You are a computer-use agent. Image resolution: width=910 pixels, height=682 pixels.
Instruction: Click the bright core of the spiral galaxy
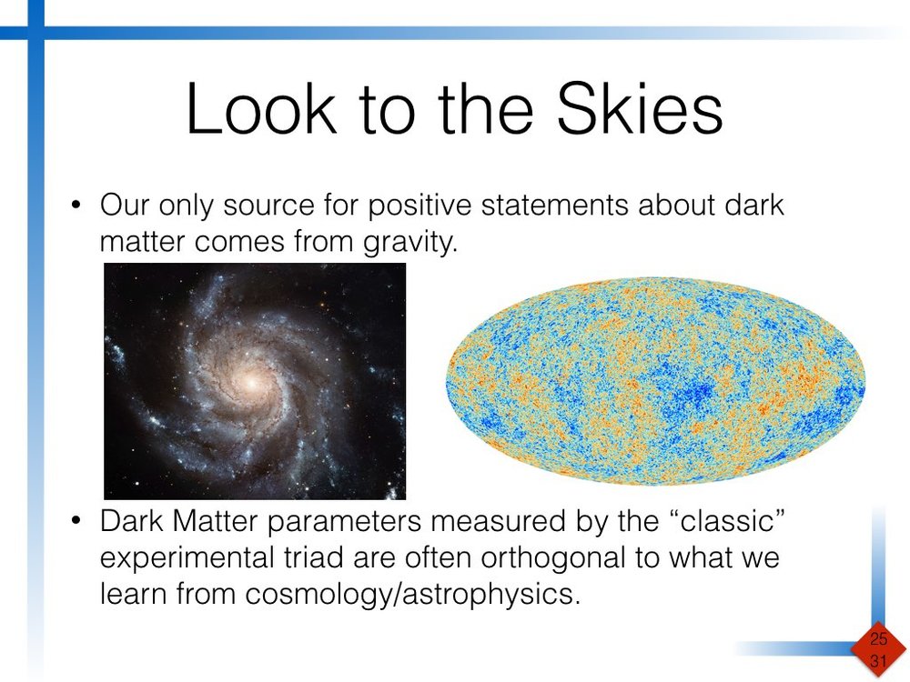[248, 383]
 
